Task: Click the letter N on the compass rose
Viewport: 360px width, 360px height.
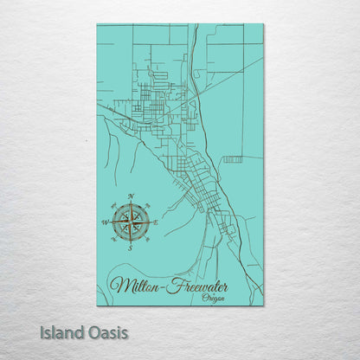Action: coord(131,196)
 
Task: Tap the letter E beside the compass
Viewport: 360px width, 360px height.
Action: coord(156,222)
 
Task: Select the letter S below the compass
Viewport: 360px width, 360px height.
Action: coord(130,248)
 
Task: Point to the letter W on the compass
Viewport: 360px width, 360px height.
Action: coord(106,223)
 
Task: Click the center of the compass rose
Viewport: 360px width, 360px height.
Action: coord(131,222)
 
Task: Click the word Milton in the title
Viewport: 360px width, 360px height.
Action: coord(138,286)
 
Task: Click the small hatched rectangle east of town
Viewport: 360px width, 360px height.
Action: coord(232,159)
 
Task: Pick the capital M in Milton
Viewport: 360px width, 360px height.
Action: coord(121,285)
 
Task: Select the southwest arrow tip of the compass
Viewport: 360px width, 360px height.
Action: coord(118,235)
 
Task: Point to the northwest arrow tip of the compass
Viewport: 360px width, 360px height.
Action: coord(118,209)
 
